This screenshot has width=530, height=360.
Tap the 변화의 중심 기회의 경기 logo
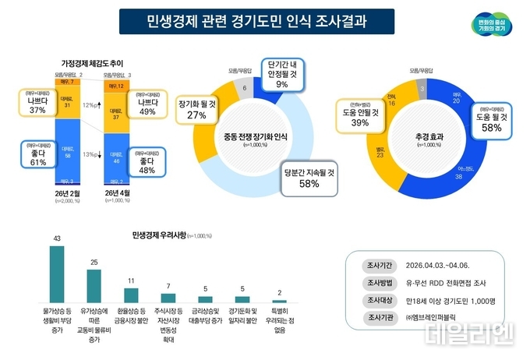tap(487, 24)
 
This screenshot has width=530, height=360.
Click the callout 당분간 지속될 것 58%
tap(309, 178)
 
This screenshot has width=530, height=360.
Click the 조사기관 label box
tap(379, 317)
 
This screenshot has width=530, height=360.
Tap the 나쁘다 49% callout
tap(148, 106)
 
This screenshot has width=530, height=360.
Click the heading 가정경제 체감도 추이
tap(92, 62)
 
